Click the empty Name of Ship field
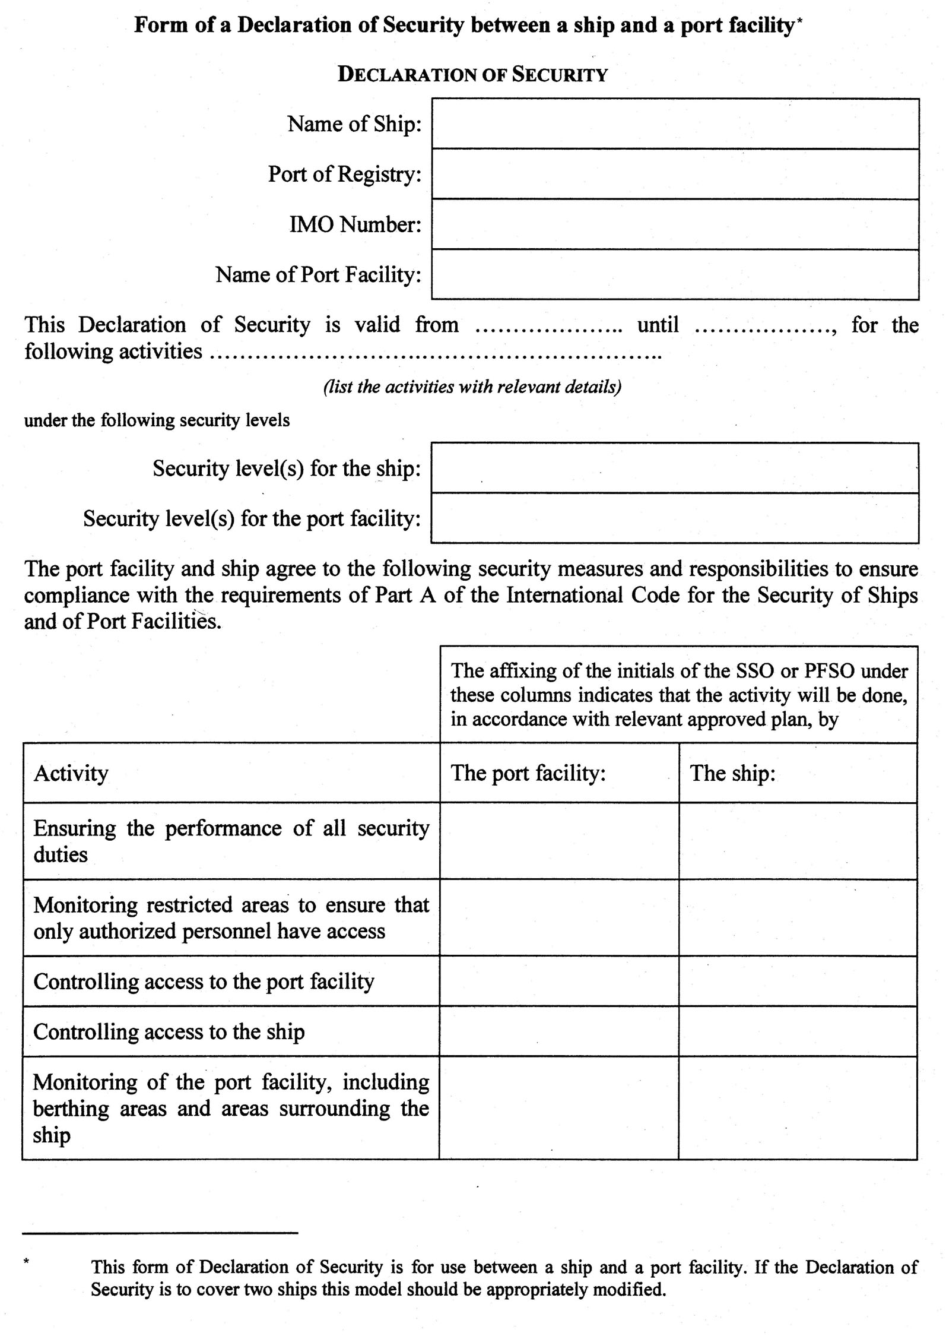675,124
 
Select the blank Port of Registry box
675,174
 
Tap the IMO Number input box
675,224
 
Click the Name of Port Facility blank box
675,274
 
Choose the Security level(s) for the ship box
675,468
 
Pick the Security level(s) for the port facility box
675,518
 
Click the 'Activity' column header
71,773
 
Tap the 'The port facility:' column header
528,773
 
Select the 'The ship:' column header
732,773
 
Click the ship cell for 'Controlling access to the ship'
798,1031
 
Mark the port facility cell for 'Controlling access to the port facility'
559,981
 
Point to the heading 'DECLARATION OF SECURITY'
472,75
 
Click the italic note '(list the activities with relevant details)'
472,387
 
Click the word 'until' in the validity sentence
658,325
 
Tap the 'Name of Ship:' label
354,124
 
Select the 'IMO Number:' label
355,224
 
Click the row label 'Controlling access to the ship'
169,1032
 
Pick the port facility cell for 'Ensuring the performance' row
559,841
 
